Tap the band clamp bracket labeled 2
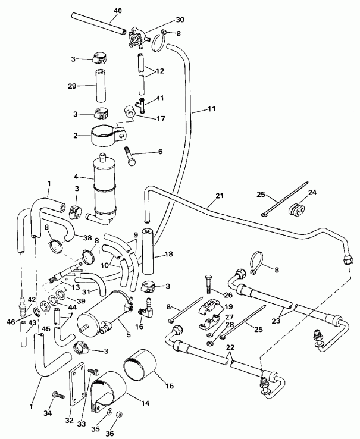(107, 136)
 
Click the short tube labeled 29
(99, 84)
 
